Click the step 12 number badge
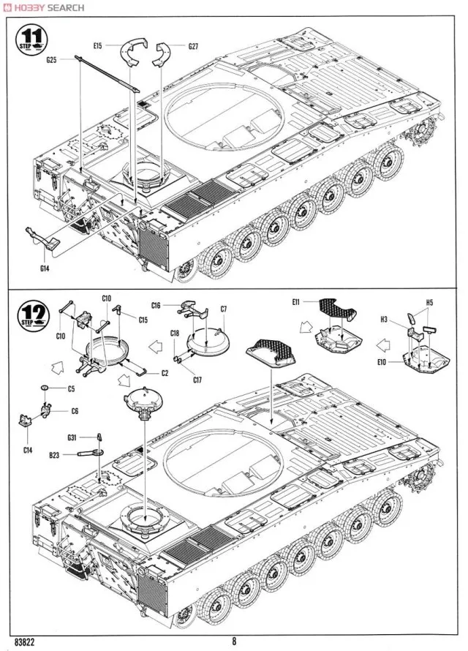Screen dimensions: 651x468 point(31,315)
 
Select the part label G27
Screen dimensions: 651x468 point(194,47)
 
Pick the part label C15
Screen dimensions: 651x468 point(143,320)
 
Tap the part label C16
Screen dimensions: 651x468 point(156,305)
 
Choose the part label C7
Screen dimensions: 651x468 point(224,309)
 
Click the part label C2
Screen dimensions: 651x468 point(165,373)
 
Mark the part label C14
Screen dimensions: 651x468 point(27,449)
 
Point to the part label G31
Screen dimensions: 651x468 point(72,437)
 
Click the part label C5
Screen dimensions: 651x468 point(72,388)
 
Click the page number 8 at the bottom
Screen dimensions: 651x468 point(234,641)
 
